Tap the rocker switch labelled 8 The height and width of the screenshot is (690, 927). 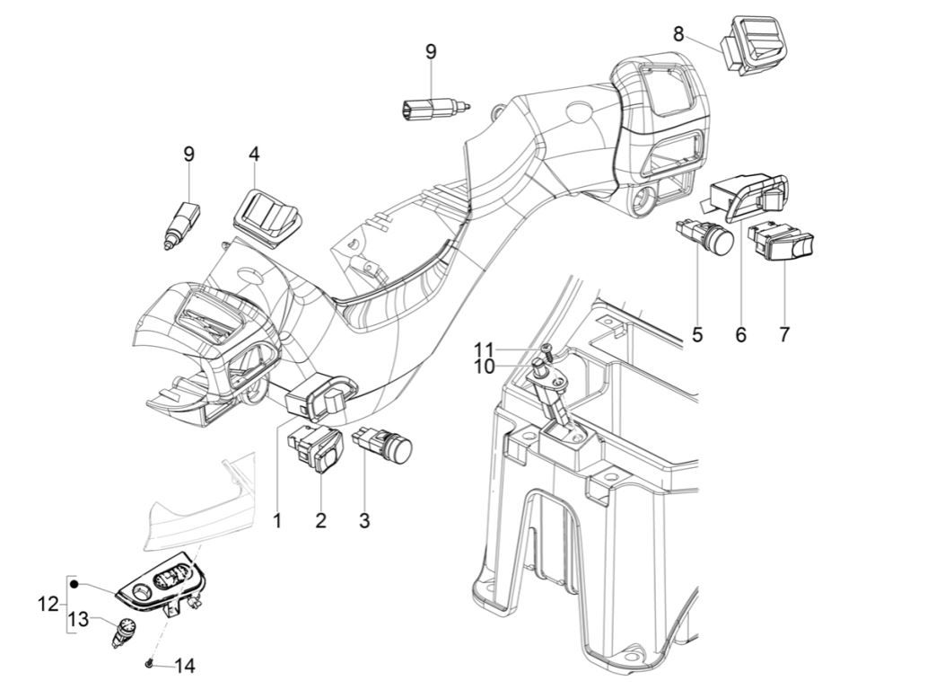click(756, 45)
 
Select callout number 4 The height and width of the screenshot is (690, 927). click(255, 155)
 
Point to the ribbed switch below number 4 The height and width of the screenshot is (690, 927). click(267, 211)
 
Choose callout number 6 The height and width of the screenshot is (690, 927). click(740, 335)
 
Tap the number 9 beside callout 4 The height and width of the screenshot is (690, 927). click(188, 154)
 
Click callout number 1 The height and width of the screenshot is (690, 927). click(277, 520)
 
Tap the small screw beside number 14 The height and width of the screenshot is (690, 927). click(147, 664)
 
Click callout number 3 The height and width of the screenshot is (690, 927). click(363, 520)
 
